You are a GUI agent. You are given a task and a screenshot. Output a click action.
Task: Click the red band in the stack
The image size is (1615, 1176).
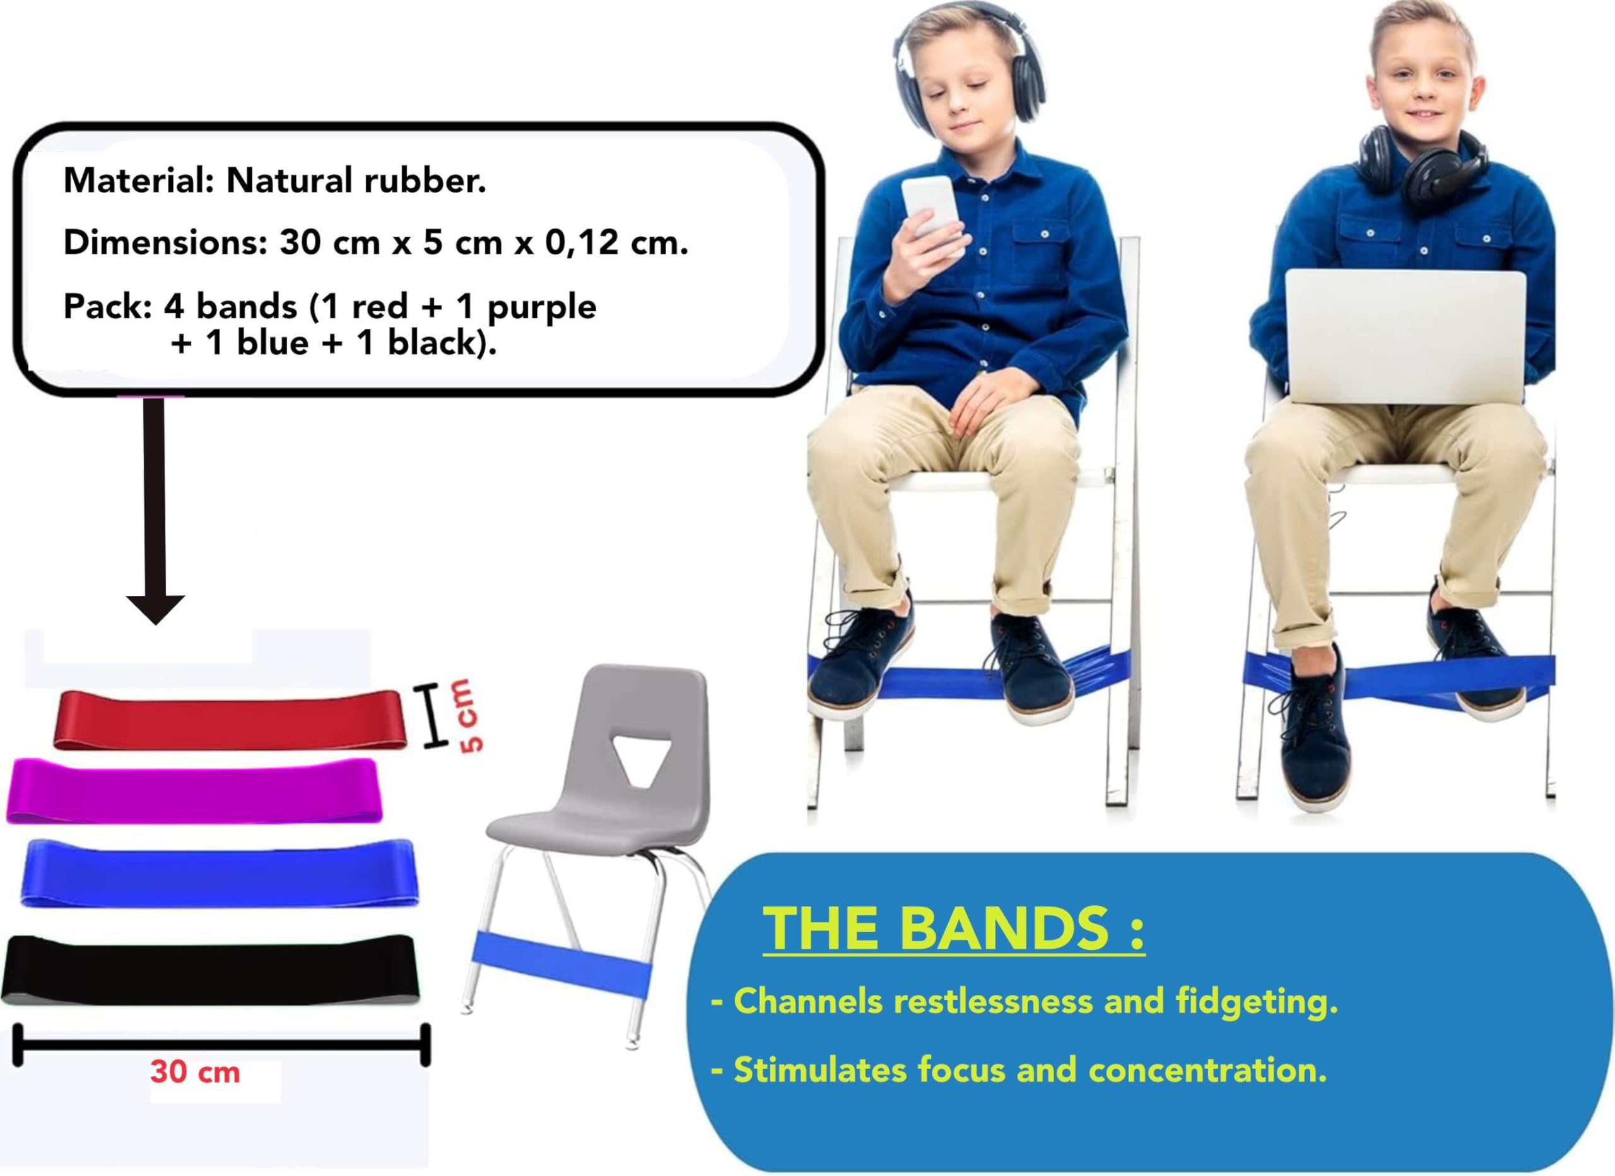[229, 721]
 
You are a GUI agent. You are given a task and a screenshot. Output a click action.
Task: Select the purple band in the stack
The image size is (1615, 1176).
[194, 792]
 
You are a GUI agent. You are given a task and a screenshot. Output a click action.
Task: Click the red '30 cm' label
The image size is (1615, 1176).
[194, 1072]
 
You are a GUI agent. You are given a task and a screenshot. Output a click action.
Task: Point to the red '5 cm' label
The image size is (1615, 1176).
[469, 716]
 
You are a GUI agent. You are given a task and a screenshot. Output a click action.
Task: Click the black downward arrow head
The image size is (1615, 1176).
[155, 609]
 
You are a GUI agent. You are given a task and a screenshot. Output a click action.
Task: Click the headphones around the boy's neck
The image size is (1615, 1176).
[1422, 167]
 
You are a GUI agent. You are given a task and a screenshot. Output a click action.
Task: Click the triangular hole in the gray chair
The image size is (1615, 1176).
[640, 760]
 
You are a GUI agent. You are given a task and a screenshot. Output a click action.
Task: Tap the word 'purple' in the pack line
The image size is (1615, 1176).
[541, 307]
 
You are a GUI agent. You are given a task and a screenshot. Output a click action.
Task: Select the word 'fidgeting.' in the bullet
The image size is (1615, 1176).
[1257, 1001]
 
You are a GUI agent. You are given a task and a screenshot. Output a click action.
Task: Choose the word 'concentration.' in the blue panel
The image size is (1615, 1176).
[1207, 1070]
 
